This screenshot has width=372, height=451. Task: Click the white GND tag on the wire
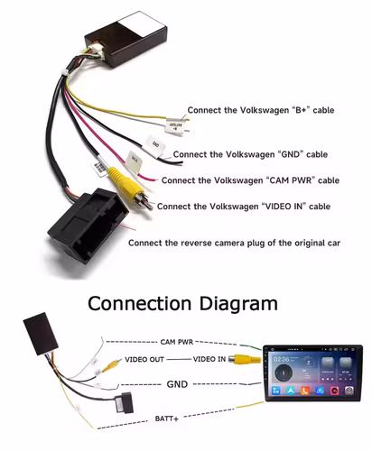[155, 144]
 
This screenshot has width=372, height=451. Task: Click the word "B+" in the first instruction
[272, 110]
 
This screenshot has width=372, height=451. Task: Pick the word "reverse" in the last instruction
[200, 244]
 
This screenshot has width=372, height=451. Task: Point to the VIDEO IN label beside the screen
[209, 359]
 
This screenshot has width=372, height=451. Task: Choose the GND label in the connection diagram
[178, 383]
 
